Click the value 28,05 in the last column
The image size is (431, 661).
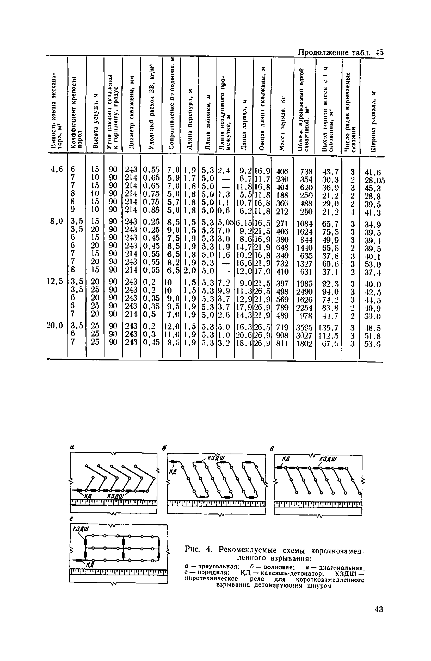(374, 180)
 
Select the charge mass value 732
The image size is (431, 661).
(282, 263)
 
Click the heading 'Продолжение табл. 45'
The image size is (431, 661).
(340, 52)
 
